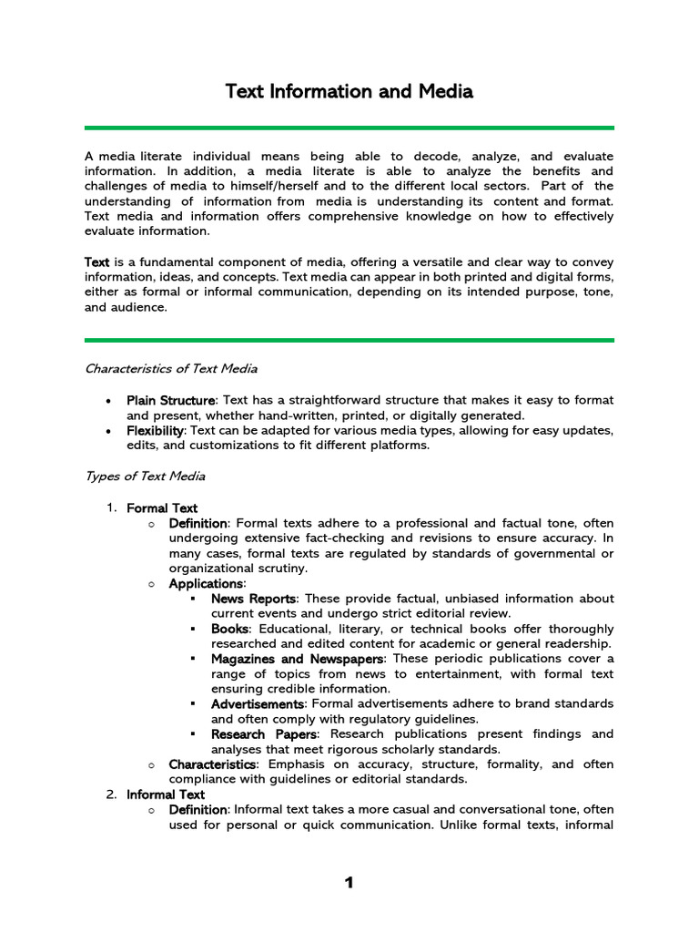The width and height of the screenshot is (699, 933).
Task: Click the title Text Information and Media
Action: [x=349, y=92]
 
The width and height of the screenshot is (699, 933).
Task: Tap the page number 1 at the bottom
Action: [x=348, y=883]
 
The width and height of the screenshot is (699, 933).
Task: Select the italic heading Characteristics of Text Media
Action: [x=170, y=369]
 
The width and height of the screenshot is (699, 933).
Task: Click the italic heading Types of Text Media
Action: [x=145, y=476]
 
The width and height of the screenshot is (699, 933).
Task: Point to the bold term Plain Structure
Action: [x=171, y=400]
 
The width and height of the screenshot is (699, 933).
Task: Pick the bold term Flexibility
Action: [x=156, y=430]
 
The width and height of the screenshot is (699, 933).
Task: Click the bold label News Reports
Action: [x=253, y=599]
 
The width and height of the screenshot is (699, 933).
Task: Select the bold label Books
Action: [x=229, y=629]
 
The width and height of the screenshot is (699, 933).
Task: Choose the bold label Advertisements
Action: [x=257, y=704]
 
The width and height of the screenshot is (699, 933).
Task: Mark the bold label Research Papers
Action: [x=264, y=734]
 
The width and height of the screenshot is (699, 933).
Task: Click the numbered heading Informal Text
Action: [x=166, y=795]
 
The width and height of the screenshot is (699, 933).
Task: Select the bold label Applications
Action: [x=206, y=583]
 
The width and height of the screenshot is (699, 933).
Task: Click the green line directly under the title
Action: [x=349, y=128]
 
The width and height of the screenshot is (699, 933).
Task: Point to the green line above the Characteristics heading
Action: [x=349, y=340]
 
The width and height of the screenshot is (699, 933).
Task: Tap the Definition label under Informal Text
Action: [x=198, y=810]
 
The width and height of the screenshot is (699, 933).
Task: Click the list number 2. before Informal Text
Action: [x=111, y=795]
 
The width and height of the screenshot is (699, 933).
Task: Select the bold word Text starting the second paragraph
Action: [x=97, y=262]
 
